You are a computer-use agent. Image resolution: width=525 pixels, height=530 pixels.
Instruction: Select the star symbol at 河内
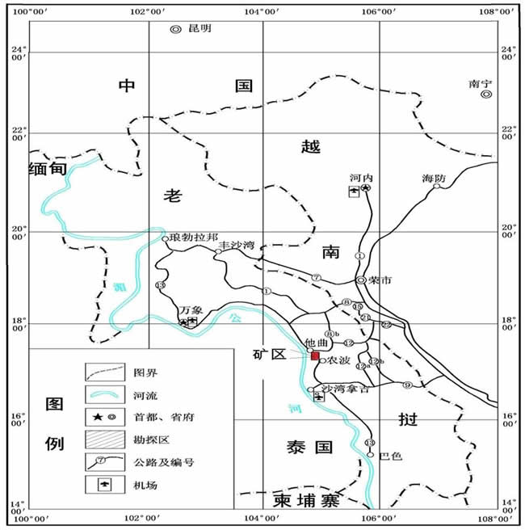[x=366, y=188]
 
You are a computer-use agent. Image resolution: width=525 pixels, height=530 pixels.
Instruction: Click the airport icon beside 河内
[x=354, y=191]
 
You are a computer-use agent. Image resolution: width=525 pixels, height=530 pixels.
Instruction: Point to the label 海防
[x=433, y=178]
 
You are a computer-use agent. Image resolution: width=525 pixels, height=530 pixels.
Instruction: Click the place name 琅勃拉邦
[x=194, y=238]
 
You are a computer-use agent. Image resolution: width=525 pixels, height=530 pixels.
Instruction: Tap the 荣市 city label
[x=380, y=281]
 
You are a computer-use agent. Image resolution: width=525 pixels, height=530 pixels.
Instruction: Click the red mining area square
[x=315, y=356]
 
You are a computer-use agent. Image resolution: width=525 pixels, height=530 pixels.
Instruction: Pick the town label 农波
[x=338, y=361]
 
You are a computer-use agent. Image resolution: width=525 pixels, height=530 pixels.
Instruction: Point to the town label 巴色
[x=390, y=456]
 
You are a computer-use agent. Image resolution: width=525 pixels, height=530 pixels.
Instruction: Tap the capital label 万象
[x=191, y=309]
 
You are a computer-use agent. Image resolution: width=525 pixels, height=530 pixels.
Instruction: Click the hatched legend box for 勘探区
[x=104, y=440]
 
